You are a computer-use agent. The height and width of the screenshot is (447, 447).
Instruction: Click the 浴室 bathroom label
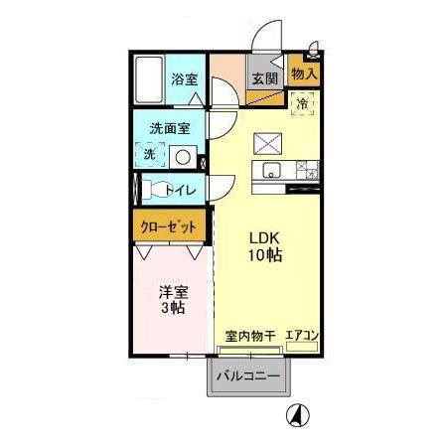(182, 79)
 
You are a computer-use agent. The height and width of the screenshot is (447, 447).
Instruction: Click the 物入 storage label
(304, 74)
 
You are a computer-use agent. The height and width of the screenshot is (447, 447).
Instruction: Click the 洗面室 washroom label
(170, 128)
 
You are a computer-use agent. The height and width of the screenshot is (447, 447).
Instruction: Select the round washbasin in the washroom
(182, 156)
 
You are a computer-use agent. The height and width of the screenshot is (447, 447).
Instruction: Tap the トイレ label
(186, 189)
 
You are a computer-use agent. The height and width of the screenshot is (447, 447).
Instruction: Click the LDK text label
(263, 237)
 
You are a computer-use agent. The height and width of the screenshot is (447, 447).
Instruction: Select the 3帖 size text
(174, 309)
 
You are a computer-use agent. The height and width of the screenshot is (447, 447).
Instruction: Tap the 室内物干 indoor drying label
(247, 337)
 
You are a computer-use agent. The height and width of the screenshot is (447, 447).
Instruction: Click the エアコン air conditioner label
(301, 337)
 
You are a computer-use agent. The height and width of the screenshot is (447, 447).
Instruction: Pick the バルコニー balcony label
(248, 376)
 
